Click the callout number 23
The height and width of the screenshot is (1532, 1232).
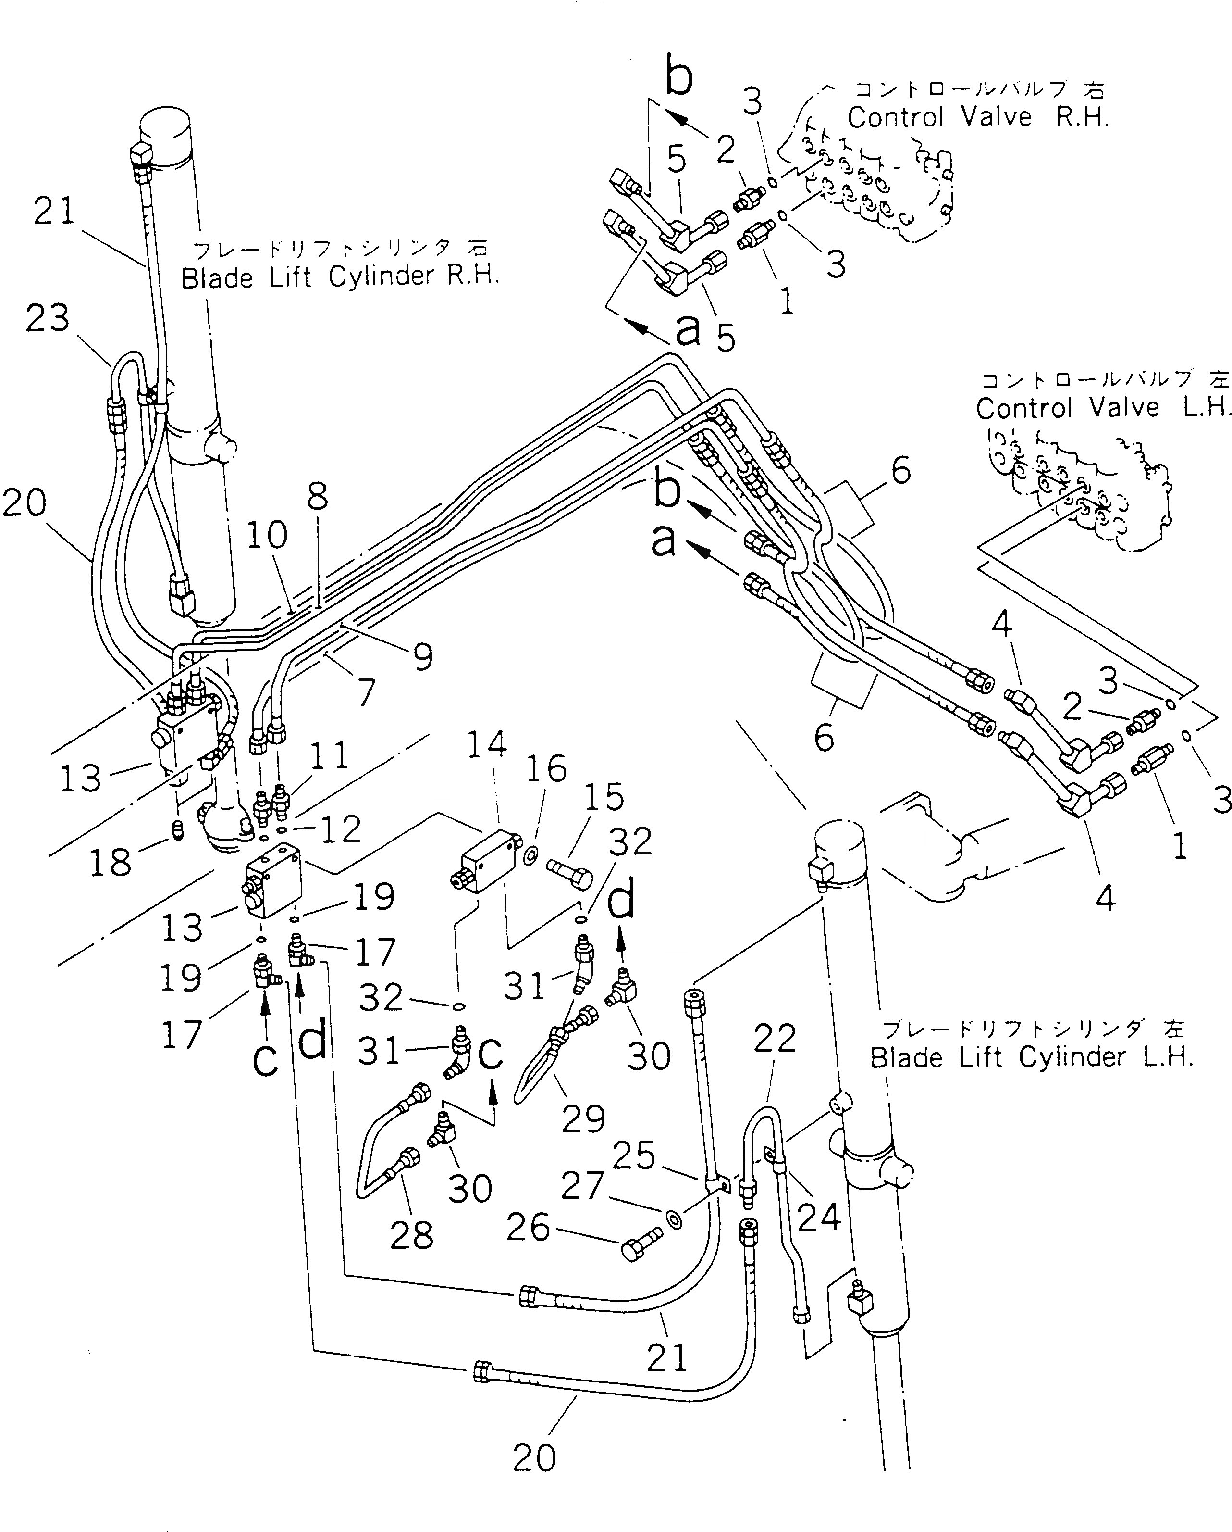click(48, 318)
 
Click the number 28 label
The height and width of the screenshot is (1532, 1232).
click(412, 1235)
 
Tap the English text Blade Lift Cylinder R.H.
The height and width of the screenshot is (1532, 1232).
click(340, 276)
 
